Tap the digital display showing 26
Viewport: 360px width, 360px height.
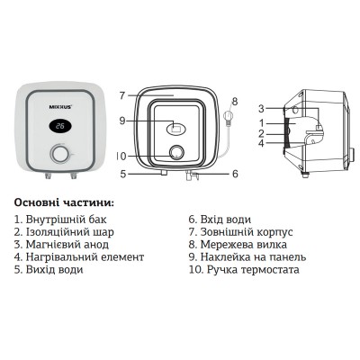tap(58, 127)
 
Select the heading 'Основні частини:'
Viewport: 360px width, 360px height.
tap(70, 202)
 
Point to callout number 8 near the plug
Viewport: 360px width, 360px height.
tap(236, 102)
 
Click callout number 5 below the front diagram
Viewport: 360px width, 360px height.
tap(122, 173)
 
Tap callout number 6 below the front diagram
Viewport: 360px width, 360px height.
tap(233, 173)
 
